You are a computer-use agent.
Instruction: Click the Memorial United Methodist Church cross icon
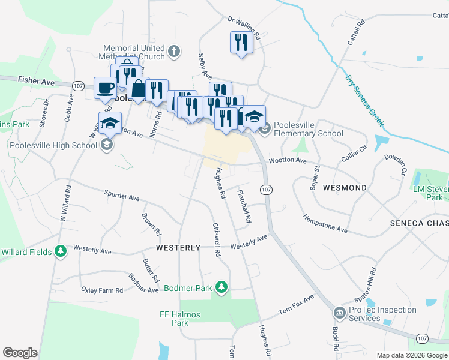point(174,52)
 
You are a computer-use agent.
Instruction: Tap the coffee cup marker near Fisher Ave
point(105,88)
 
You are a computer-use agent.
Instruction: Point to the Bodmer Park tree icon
point(221,288)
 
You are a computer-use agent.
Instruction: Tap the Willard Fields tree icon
point(60,251)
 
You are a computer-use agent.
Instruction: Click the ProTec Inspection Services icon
point(340,313)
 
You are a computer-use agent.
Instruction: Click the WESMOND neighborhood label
point(345,188)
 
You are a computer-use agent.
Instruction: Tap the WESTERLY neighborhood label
point(178,247)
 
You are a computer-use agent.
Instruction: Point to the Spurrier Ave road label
point(121,197)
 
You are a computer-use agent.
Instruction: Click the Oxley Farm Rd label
point(102,290)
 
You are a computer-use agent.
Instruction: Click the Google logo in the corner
point(20,353)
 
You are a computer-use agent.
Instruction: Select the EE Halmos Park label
point(179,319)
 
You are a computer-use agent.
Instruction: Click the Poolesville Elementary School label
point(308,130)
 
